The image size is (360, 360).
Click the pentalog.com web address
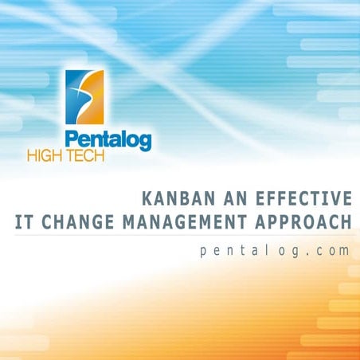275,250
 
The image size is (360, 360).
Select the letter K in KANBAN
143,198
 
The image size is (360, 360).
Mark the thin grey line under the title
183,234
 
